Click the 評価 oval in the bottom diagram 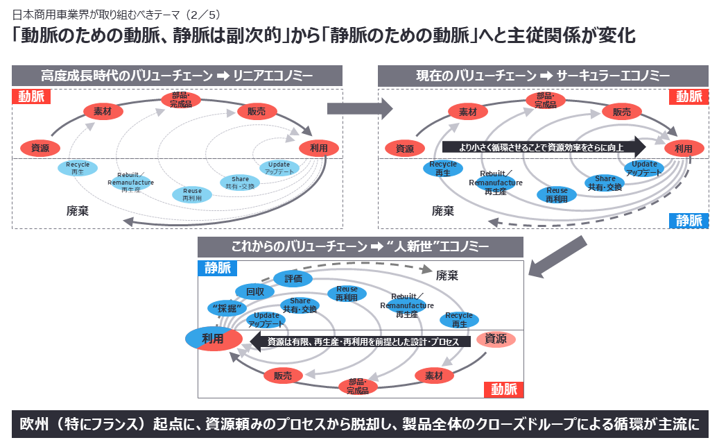[x=293, y=278]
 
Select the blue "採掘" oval [x=227, y=308]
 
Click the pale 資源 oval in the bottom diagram [x=495, y=339]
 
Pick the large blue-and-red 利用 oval [x=213, y=338]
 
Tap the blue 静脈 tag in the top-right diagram [x=688, y=221]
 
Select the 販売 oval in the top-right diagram [x=616, y=112]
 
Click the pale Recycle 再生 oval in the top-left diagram [x=78, y=167]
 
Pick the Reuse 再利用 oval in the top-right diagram [x=557, y=194]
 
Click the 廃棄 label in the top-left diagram [x=77, y=210]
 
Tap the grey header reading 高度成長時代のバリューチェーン [x=177, y=76]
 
